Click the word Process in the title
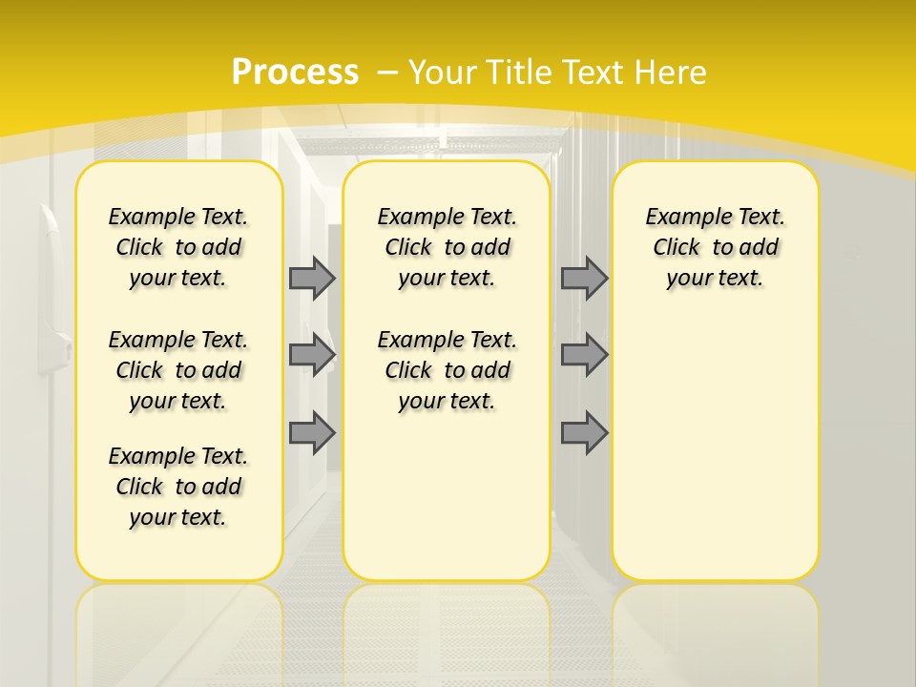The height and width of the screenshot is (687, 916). [295, 72]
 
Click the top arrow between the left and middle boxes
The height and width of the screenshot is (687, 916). [312, 278]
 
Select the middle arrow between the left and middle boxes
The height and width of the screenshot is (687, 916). [312, 355]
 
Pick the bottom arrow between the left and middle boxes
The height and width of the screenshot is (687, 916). [312, 433]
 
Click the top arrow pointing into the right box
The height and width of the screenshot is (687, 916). [584, 278]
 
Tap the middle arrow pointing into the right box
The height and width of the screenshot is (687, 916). [584, 355]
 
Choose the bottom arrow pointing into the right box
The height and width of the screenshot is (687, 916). [584, 433]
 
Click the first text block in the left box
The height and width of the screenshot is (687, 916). [178, 247]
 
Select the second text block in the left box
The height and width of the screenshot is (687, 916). [178, 370]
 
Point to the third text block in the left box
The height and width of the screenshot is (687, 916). [178, 487]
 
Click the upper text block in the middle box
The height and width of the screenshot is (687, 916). [447, 247]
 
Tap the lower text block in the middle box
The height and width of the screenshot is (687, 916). [447, 370]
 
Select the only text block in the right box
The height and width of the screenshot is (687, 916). [716, 247]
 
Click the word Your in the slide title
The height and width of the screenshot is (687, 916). [444, 72]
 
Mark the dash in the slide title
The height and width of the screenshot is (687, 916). [387, 72]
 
